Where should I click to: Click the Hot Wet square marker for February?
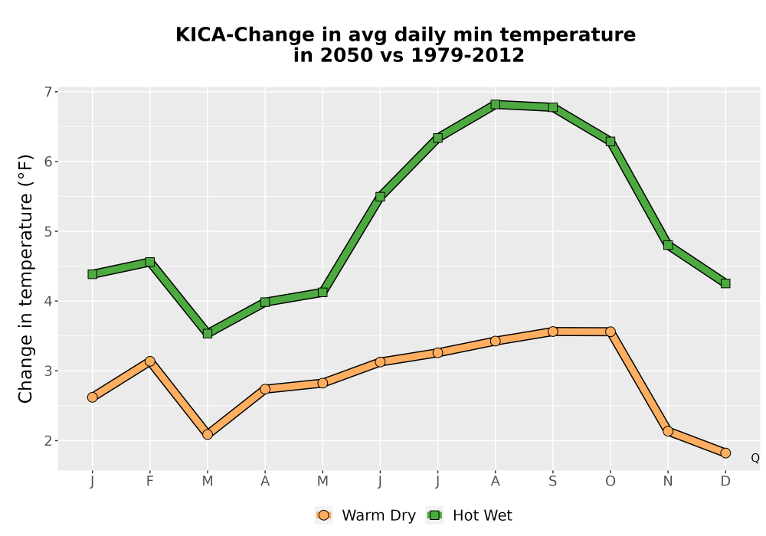click(x=150, y=262)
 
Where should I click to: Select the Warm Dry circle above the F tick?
click(x=150, y=361)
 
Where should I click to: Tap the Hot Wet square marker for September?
click(x=553, y=107)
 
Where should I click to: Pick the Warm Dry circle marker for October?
click(x=611, y=332)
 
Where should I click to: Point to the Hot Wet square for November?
click(x=668, y=245)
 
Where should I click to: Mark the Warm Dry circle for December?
click(x=725, y=453)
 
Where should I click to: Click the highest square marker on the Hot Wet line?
click(x=496, y=104)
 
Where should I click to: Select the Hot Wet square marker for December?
click(x=725, y=283)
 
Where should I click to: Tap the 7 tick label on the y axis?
click(x=47, y=92)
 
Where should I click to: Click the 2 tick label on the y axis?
click(x=47, y=441)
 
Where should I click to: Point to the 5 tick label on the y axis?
click(x=47, y=231)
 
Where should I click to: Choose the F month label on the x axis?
click(x=150, y=482)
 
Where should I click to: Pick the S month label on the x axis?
click(x=552, y=482)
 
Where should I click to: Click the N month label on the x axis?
click(x=668, y=482)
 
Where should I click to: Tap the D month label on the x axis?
click(x=725, y=482)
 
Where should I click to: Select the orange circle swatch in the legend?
click(x=323, y=515)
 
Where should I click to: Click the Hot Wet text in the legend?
click(x=482, y=515)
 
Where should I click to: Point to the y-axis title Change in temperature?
click(x=25, y=279)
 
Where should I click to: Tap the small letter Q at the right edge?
click(x=755, y=458)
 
